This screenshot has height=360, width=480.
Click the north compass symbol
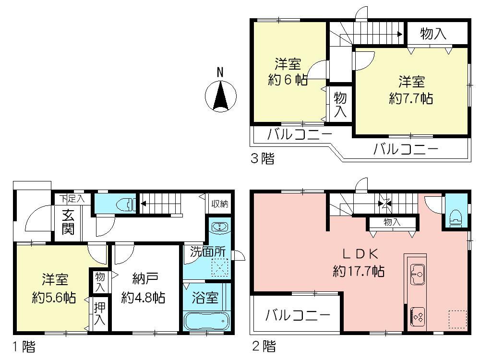coord(220,96)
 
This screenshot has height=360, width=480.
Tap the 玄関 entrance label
coord(68,223)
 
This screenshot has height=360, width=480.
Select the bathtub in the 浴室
coord(206,321)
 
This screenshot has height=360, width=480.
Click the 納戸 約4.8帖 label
coord(143,288)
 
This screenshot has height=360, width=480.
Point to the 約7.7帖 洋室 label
coord(411,90)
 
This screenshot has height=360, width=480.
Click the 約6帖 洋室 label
coord(288,72)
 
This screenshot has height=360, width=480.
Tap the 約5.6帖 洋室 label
coord(53,288)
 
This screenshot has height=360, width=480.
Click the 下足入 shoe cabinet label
coord(72,198)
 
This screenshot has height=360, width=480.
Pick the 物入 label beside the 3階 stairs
coord(433,34)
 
